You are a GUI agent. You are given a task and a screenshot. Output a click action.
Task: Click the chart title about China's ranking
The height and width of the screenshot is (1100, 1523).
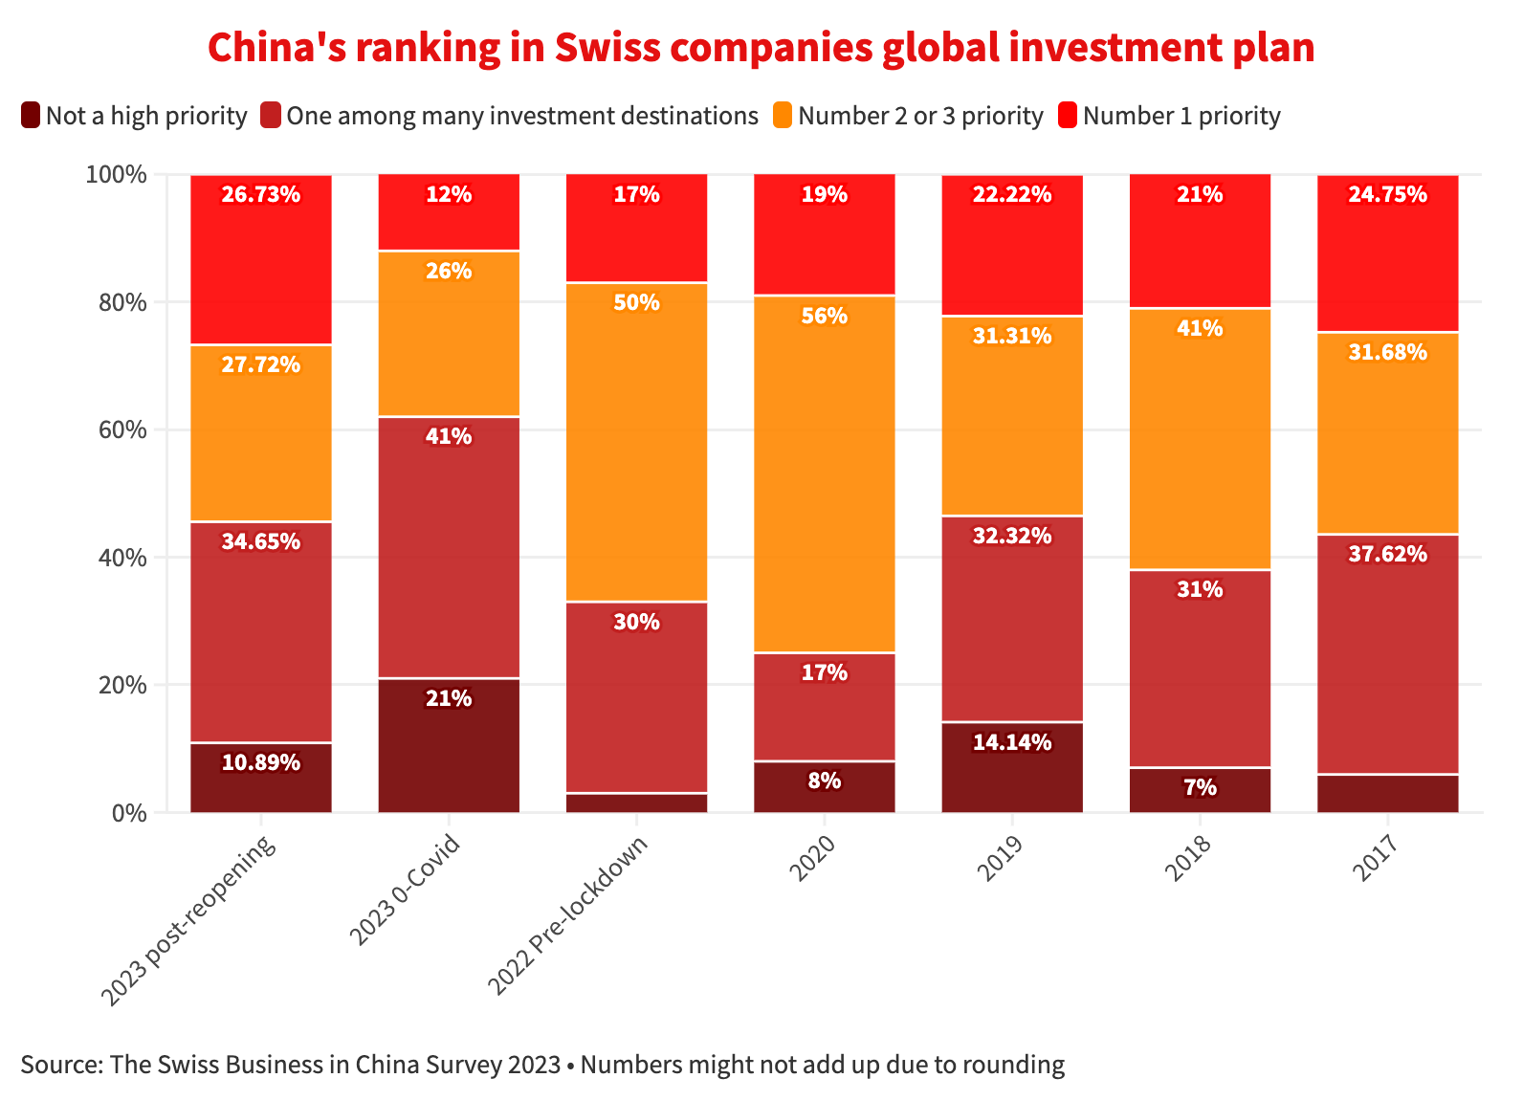coord(761,48)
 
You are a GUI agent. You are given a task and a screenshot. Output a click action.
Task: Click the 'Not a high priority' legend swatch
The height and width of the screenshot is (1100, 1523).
coord(30,116)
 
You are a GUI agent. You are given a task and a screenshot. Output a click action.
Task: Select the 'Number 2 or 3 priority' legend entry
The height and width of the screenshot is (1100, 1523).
coord(919,116)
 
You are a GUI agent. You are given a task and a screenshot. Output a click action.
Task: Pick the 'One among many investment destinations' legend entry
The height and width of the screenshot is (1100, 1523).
coord(521,116)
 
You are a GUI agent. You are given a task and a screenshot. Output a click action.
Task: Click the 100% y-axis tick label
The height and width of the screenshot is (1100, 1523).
coord(116,174)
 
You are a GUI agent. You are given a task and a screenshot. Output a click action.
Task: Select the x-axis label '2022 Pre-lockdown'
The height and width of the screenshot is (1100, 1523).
coord(569,913)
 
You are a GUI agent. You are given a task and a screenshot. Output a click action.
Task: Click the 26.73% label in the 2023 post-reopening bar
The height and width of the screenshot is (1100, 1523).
coord(260,195)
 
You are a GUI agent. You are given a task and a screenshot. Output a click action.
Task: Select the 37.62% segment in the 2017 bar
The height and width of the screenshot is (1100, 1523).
coord(1387,655)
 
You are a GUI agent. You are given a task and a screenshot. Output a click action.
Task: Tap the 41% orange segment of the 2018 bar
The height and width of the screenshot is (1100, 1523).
coord(1200,440)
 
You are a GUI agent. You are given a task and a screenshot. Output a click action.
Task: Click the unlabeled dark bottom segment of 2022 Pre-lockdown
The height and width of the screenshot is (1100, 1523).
coord(637,803)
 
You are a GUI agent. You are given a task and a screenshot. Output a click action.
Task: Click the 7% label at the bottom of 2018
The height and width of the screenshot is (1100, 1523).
coord(1200,788)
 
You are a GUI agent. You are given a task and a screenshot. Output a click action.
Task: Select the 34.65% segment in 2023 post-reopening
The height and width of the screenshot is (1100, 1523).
coord(260,631)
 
